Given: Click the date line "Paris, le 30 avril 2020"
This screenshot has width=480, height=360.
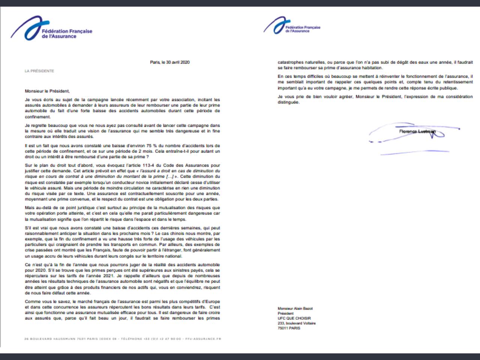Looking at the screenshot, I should point(169,62).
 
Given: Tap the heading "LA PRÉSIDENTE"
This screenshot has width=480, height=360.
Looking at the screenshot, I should point(39,71).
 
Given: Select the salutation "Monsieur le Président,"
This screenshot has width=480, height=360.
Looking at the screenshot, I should point(47,91).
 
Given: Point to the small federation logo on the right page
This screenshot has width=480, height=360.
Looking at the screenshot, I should point(292,25).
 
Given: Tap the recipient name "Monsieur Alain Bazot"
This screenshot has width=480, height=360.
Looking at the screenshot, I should point(295,309).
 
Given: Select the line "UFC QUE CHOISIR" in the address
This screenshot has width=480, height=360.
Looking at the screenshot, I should point(294,318).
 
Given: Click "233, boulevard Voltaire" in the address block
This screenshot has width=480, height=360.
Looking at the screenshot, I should point(296,323).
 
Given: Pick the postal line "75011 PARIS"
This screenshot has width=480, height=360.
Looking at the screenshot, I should point(289,328).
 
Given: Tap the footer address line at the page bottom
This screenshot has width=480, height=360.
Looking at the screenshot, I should point(122,339).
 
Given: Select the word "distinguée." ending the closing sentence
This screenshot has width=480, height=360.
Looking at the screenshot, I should point(288,102).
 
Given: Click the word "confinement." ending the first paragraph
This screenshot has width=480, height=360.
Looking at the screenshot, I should point(37,117).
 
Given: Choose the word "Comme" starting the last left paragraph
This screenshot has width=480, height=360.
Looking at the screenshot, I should point(32,301).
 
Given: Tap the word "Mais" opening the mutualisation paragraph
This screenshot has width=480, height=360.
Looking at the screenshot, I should point(30,208).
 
